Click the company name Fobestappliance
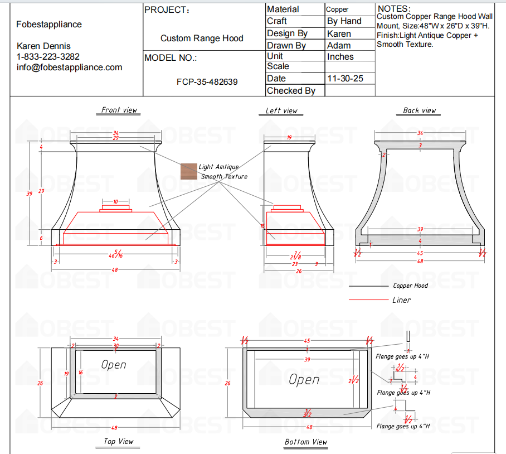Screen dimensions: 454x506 [49, 25]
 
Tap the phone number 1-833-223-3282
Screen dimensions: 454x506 [48, 56]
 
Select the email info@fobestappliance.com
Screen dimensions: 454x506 [69, 67]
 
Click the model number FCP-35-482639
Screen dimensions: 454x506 [207, 82]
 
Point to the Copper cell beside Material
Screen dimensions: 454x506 [337, 9]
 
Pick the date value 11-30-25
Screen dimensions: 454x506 [345, 79]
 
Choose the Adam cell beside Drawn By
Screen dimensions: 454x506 [339, 46]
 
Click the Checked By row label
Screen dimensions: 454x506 [291, 90]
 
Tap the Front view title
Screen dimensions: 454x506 [119, 110]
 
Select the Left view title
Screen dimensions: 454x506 [281, 111]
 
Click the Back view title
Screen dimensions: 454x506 [419, 110]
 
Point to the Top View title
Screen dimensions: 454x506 [119, 441]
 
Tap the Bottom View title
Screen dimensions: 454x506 [306, 442]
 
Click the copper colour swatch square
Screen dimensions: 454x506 [189, 171]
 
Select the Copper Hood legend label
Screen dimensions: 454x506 [410, 286]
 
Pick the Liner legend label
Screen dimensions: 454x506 [401, 300]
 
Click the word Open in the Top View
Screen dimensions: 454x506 [114, 365]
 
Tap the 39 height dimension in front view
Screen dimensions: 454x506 [29, 194]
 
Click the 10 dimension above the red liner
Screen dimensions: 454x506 [115, 201]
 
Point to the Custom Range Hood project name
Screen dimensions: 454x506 [202, 38]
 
